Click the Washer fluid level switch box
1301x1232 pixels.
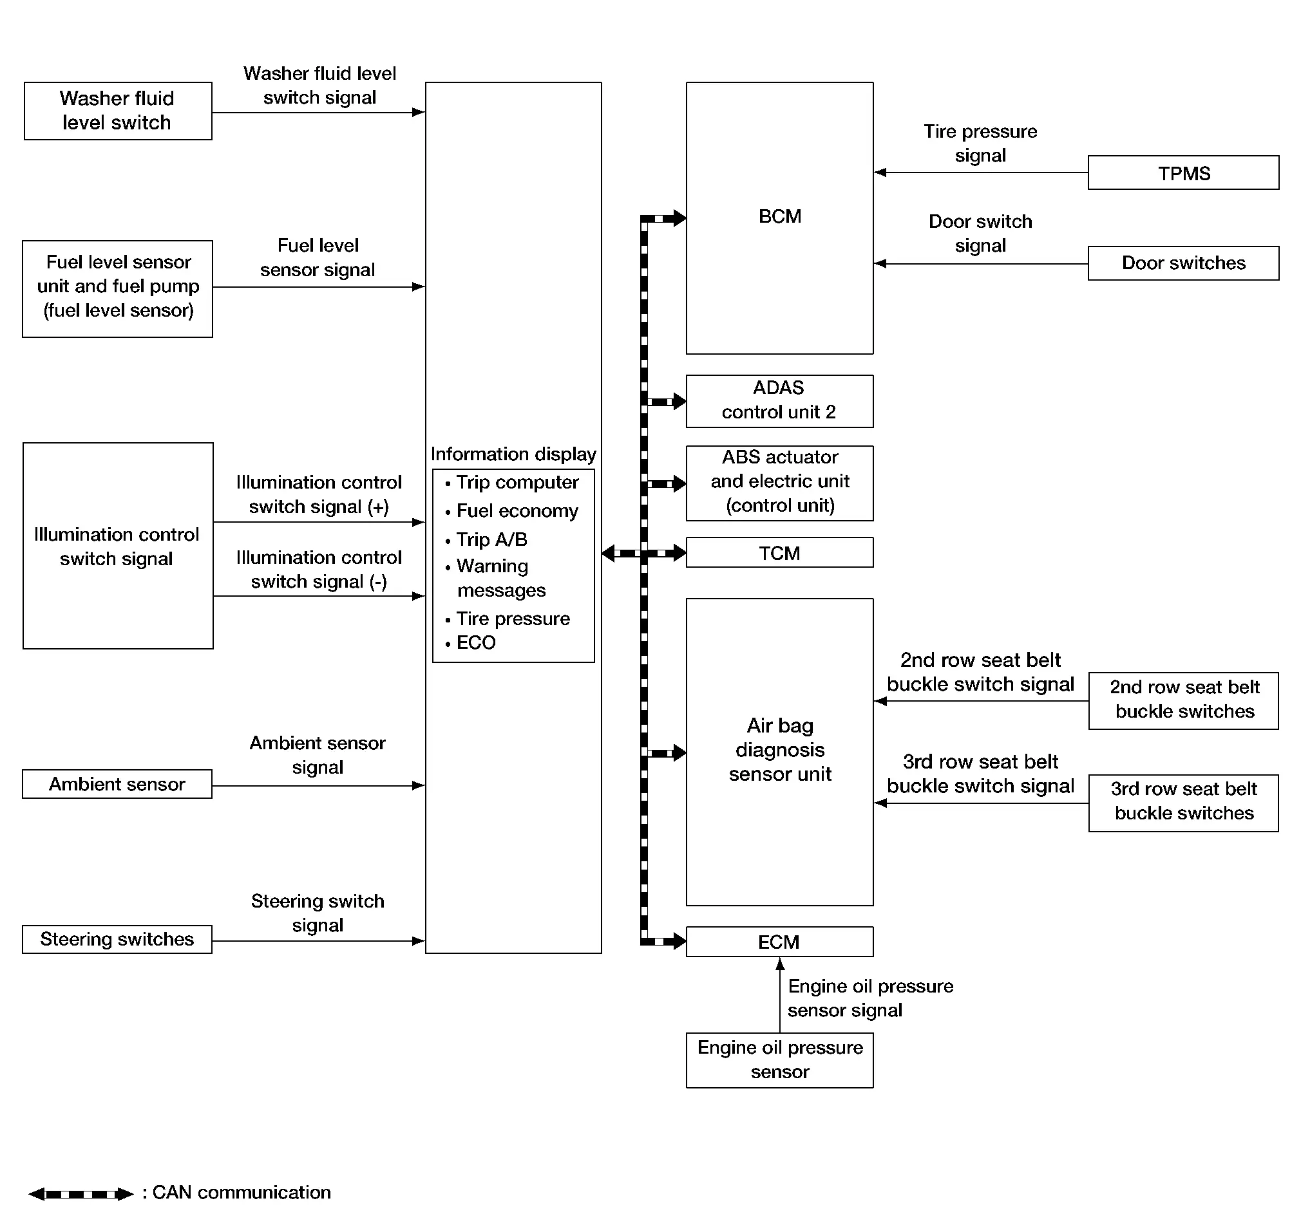[x=118, y=111]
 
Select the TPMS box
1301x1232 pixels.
[x=1183, y=173]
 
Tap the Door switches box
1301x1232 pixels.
[x=1183, y=263]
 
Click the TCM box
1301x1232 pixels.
[x=779, y=552]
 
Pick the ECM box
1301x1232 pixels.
[x=779, y=942]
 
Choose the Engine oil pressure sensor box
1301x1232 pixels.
[x=779, y=1060]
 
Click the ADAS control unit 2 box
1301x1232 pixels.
[x=779, y=401]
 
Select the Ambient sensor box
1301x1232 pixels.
[x=117, y=784]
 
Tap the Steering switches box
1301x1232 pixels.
[x=117, y=939]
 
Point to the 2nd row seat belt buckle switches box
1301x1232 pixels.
[x=1183, y=701]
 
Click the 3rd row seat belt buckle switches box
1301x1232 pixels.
[x=1183, y=803]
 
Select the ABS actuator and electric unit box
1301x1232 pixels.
[x=779, y=483]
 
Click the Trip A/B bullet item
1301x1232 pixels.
[x=486, y=540]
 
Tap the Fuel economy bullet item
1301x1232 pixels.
[x=511, y=511]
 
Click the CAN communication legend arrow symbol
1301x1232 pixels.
[x=81, y=1194]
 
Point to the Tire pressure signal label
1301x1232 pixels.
[x=980, y=143]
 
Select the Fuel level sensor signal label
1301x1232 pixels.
[x=318, y=257]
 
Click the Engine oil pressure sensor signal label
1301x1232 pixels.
[x=870, y=998]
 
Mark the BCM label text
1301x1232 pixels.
[x=780, y=216]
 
